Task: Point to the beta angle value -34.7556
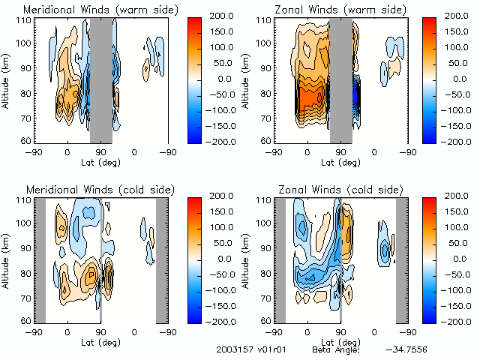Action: pyautogui.click(x=408, y=350)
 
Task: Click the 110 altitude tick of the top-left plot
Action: pyautogui.click(x=25, y=21)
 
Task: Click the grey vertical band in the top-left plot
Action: pyautogui.click(x=100, y=79)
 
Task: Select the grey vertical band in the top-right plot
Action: pyautogui.click(x=341, y=79)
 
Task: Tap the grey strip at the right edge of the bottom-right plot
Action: pyautogui.click(x=402, y=259)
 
